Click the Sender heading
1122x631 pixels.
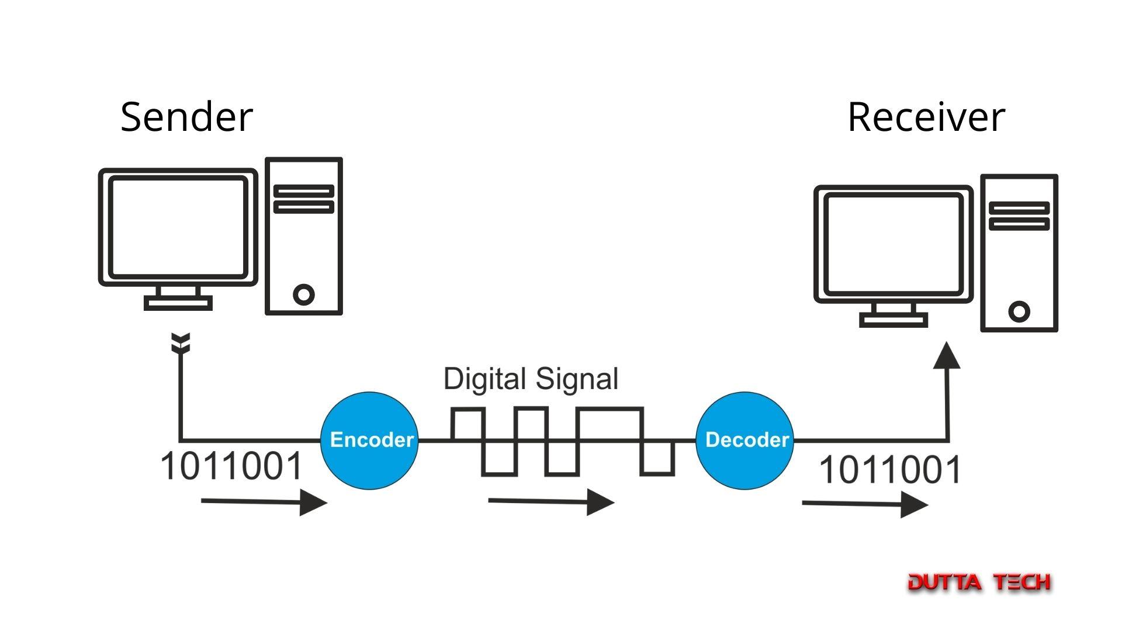186,117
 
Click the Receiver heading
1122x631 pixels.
926,117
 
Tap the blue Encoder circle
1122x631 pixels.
370,440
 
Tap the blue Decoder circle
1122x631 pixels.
745,440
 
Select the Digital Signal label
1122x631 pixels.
531,379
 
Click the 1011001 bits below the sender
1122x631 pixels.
231,466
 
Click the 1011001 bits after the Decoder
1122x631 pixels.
890,469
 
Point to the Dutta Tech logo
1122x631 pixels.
979,582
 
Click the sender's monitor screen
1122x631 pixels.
178,227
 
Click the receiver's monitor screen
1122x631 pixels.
893,244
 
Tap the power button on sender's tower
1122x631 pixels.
303,294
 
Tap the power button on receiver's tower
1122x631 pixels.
1019,311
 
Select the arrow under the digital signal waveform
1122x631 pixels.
550,502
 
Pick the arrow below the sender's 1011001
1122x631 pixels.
263,502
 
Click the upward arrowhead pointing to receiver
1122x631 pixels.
947,356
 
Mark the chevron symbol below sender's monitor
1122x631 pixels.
181,344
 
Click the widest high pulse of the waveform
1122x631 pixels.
610,410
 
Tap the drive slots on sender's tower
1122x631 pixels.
303,199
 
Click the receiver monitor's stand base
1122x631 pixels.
893,320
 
